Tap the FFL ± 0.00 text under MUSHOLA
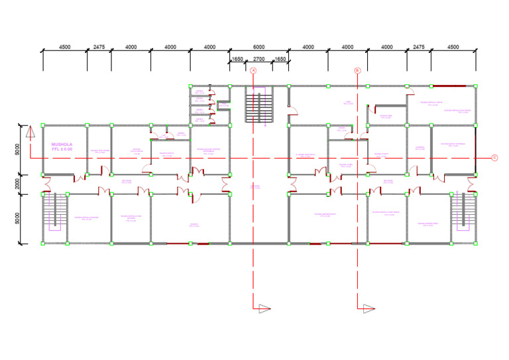[x=62, y=150]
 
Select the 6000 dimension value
[x=258, y=47]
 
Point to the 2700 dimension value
[x=259, y=60]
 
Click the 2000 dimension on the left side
[x=18, y=184]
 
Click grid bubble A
[x=253, y=70]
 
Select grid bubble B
[x=357, y=70]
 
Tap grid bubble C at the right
[x=494, y=158]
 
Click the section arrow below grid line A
[x=264, y=308]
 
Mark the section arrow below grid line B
[x=368, y=308]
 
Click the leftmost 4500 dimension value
[x=65, y=47]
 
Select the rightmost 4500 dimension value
[x=453, y=47]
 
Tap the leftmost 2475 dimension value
[x=99, y=47]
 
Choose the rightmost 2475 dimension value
[x=419, y=47]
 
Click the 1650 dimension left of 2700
[x=237, y=60]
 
